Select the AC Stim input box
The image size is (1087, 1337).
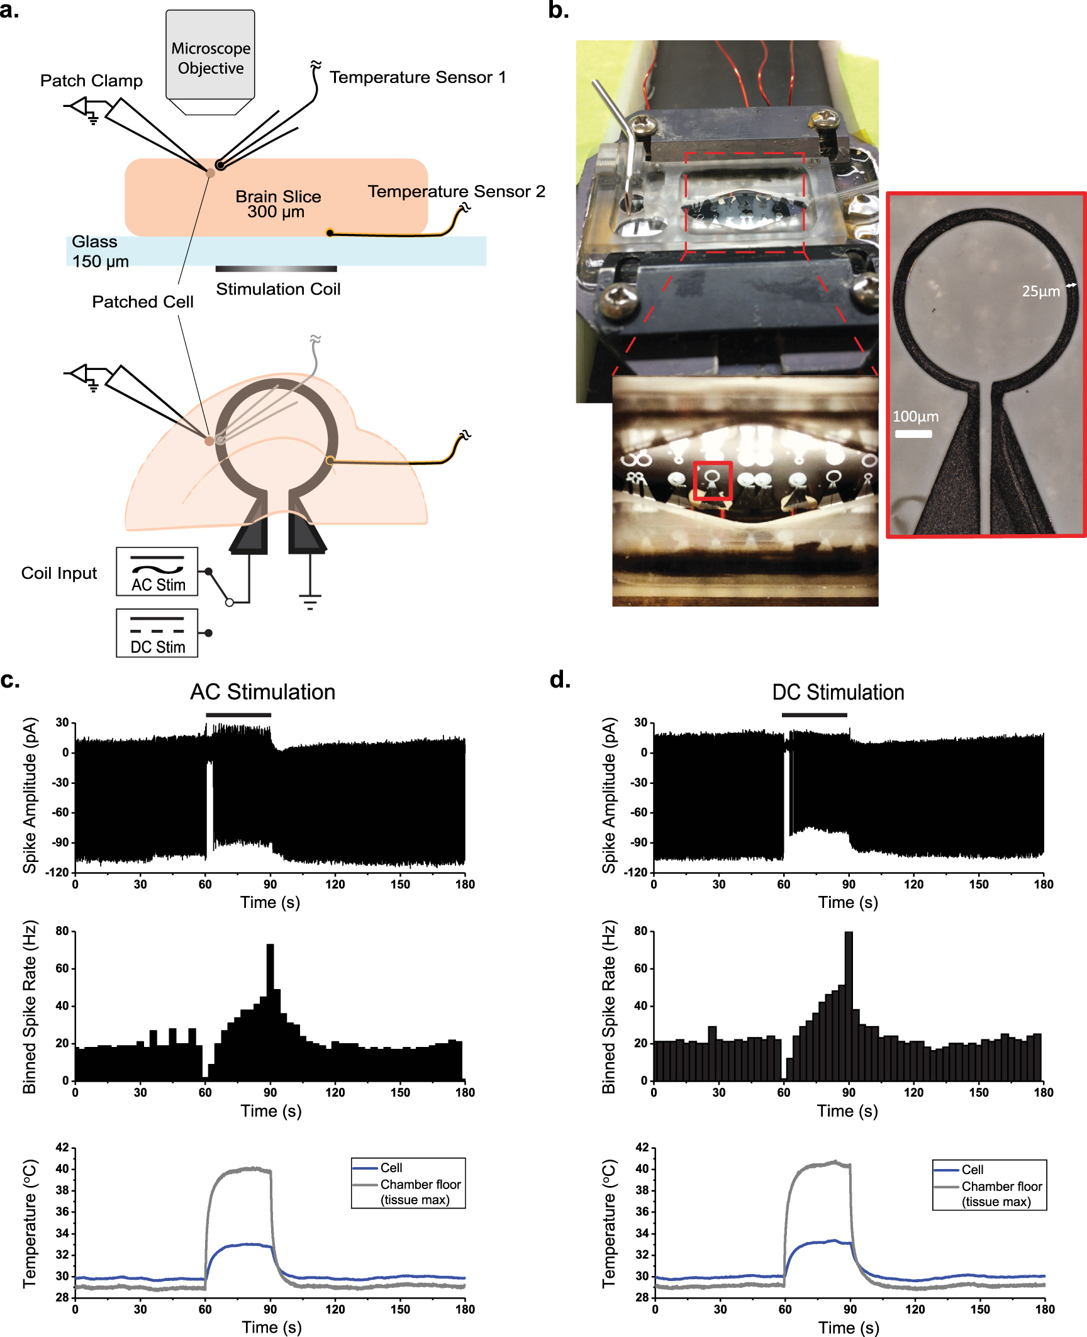[157, 571]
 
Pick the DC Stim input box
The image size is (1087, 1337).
[157, 633]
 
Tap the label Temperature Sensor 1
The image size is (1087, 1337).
[418, 77]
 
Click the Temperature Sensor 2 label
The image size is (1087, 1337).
[456, 191]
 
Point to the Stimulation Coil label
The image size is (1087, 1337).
[278, 289]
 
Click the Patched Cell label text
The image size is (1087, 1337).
[143, 302]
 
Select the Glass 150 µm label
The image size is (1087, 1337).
[100, 252]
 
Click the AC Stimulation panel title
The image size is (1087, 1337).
[262, 692]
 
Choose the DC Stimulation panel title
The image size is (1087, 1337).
[838, 692]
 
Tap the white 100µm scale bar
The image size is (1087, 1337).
[913, 434]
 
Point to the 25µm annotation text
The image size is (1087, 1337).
[1040, 291]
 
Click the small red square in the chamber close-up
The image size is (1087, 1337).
[713, 481]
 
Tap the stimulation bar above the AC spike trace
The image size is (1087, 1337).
[238, 715]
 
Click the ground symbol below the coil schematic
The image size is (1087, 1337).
[309, 601]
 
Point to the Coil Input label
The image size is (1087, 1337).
[59, 573]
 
